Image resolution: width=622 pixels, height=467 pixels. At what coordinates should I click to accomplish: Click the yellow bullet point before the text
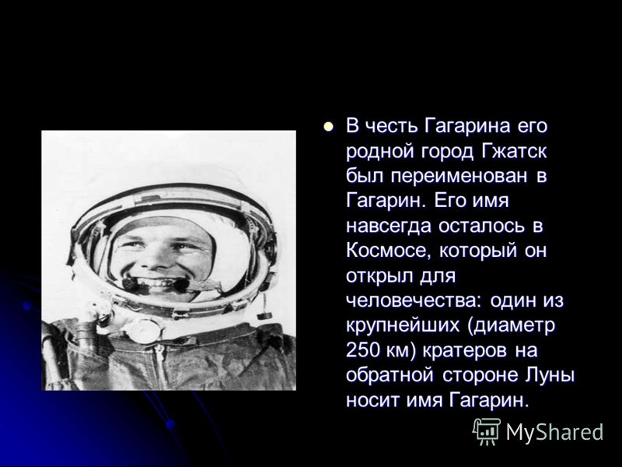[328, 127]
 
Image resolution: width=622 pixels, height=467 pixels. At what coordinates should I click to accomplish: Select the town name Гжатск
[514, 151]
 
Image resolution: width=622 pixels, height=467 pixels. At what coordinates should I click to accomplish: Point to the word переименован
[460, 176]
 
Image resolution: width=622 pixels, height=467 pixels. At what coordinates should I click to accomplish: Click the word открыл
[379, 276]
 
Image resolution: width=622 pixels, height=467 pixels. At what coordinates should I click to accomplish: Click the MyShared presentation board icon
[486, 432]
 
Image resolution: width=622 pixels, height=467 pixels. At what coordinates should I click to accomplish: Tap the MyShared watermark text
[554, 432]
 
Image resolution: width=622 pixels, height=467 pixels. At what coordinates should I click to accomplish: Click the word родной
[379, 152]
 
